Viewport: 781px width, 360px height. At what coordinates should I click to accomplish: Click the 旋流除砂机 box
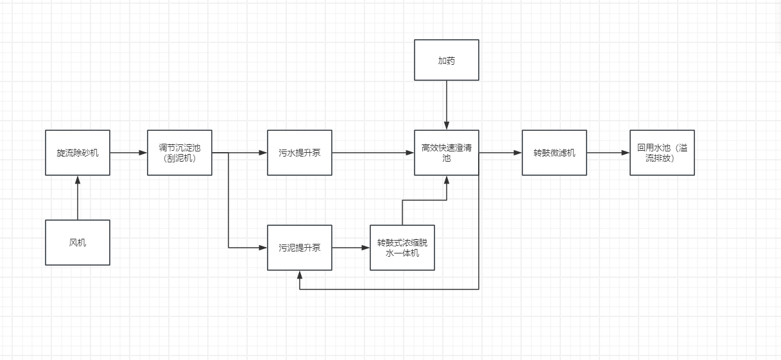click(x=77, y=153)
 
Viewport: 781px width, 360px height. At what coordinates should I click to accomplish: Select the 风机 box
click(x=77, y=243)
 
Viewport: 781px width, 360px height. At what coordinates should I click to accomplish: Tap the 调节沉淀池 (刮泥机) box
click(x=180, y=153)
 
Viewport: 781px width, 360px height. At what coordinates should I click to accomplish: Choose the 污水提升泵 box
click(x=300, y=153)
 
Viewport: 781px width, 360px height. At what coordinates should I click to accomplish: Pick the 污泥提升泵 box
click(x=300, y=248)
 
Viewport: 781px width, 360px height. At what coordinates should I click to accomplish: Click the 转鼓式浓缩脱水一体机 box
click(x=402, y=248)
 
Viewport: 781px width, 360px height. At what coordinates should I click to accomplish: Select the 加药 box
click(x=447, y=60)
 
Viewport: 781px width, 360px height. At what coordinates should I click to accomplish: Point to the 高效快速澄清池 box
click(x=447, y=153)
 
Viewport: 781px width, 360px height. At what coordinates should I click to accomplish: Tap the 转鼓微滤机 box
click(x=554, y=153)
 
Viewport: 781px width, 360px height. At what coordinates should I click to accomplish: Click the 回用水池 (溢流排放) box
click(x=662, y=153)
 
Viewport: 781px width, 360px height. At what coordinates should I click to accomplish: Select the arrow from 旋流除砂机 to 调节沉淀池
click(x=128, y=153)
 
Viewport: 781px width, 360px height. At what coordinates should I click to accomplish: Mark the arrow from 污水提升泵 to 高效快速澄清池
click(x=373, y=153)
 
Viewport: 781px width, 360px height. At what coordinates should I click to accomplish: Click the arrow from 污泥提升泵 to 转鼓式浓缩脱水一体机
click(x=351, y=247)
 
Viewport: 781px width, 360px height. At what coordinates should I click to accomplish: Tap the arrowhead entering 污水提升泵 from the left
click(x=264, y=153)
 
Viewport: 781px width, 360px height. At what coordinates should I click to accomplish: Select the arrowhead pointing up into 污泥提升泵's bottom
click(x=300, y=275)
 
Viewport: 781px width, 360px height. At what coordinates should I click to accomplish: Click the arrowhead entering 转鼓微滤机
click(x=518, y=153)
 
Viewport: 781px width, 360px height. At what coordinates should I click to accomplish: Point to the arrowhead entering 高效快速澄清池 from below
click(x=447, y=179)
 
